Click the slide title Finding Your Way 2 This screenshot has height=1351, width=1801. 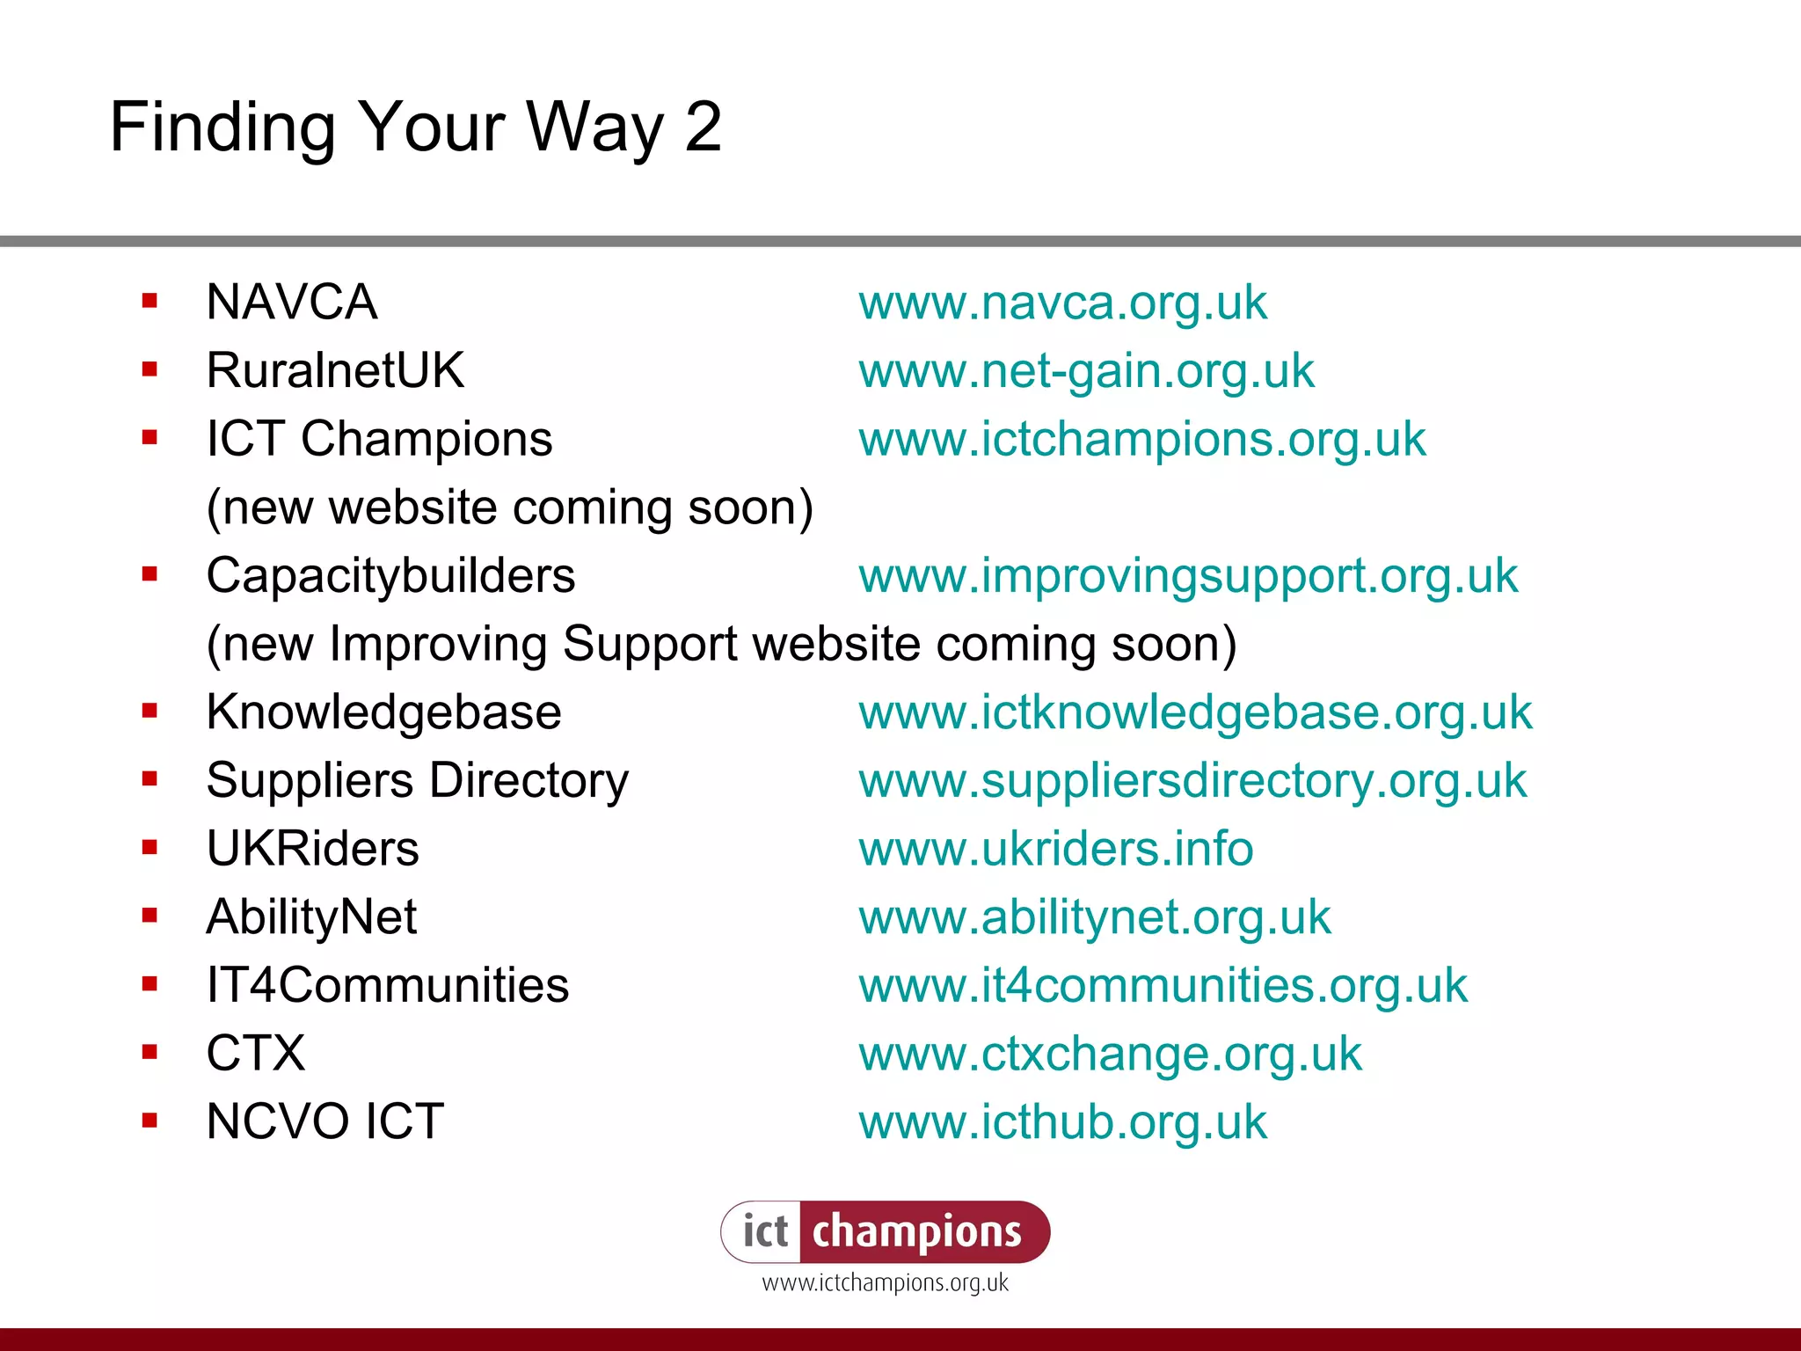415,128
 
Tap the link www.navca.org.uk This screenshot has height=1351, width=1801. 1062,303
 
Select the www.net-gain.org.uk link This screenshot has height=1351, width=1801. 1086,371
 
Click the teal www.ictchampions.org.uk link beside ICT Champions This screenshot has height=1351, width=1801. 1141,440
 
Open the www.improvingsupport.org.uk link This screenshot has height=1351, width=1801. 1188,576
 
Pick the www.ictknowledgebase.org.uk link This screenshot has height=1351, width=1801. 1195,712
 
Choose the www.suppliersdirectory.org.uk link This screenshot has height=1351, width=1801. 1192,781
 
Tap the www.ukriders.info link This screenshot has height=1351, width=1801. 1055,850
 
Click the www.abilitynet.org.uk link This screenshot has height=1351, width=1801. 1094,918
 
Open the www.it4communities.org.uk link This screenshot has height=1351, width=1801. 1163,986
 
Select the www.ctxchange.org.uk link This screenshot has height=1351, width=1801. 1110,1055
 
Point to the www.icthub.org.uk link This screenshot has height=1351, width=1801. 1062,1122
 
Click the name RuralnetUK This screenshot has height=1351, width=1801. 335,370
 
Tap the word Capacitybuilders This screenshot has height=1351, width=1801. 390,576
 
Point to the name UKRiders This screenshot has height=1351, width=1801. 312,850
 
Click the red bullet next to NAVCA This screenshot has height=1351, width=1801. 149,302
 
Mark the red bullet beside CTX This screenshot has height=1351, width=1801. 149,1052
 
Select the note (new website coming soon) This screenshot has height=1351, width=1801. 509,508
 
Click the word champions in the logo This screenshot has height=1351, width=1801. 917,1232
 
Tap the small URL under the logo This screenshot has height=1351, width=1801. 885,1283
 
